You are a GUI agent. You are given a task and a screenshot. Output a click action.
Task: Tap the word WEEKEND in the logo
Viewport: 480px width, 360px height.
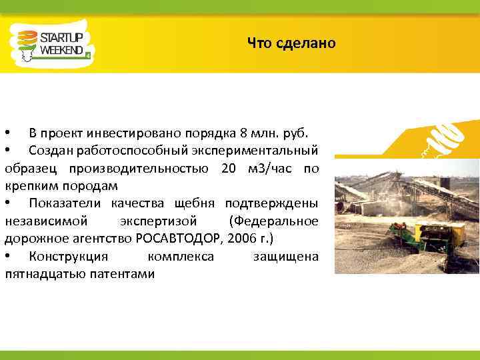tap(62, 49)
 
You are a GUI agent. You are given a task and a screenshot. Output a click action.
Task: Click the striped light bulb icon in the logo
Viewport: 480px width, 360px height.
tap(25, 44)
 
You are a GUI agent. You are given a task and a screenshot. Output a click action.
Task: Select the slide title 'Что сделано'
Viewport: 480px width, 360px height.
tap(291, 44)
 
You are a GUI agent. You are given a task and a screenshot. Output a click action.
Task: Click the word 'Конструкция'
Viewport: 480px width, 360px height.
tap(65, 257)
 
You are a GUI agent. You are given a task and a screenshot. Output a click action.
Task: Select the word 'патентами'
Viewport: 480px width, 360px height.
tap(126, 274)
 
